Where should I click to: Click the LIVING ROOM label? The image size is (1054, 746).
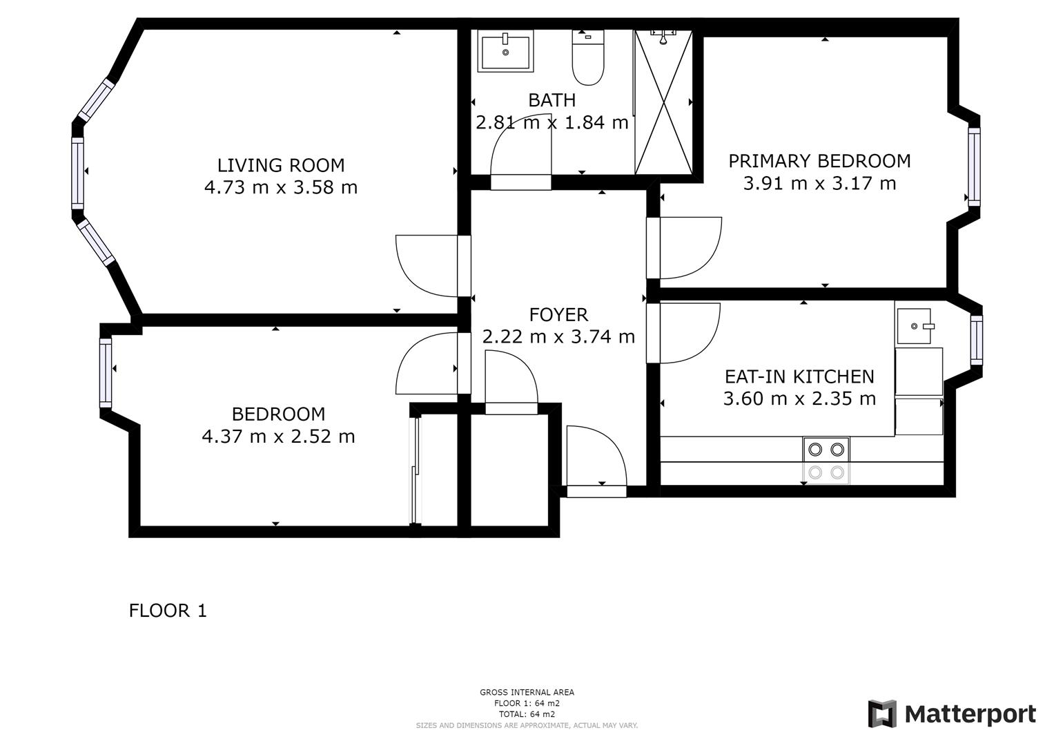pyautogui.click(x=281, y=165)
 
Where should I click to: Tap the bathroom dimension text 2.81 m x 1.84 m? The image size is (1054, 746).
pyautogui.click(x=552, y=122)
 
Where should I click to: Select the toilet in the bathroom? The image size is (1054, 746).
pyautogui.click(x=588, y=59)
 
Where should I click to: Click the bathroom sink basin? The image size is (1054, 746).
pyautogui.click(x=505, y=52)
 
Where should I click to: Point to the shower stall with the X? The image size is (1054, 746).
pyautogui.click(x=663, y=104)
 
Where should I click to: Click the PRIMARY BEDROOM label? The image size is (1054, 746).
pyautogui.click(x=819, y=161)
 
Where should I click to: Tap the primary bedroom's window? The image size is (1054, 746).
pyautogui.click(x=974, y=166)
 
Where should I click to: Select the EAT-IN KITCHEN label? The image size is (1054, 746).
pyautogui.click(x=799, y=376)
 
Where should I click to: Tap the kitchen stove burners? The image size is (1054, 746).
pyautogui.click(x=826, y=450)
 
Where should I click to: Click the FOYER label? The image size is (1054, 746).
pyautogui.click(x=558, y=315)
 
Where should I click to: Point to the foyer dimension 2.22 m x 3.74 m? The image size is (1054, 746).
pyautogui.click(x=558, y=337)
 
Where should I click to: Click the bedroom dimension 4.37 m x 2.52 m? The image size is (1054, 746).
pyautogui.click(x=278, y=437)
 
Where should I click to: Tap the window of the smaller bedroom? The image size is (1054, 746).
pyautogui.click(x=106, y=373)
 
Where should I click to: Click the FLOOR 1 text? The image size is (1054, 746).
pyautogui.click(x=168, y=611)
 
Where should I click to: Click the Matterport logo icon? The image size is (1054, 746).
pyautogui.click(x=882, y=714)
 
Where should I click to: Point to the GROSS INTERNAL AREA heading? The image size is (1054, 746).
pyautogui.click(x=527, y=692)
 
